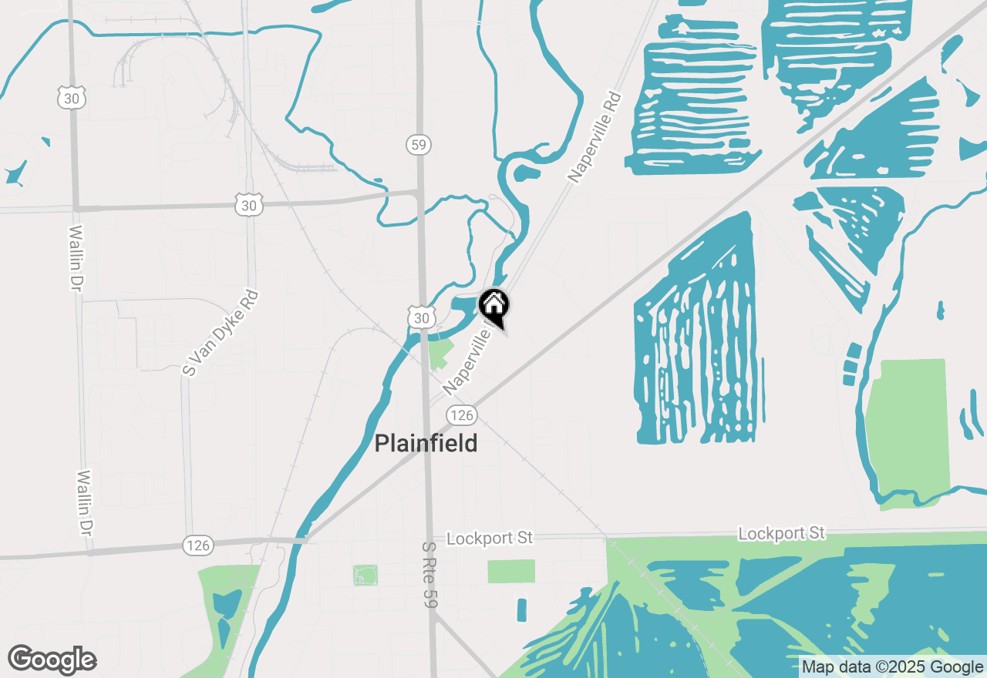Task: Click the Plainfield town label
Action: click(426, 444)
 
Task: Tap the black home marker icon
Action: click(493, 306)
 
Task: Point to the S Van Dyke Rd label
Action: click(221, 333)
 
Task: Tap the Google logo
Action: click(52, 660)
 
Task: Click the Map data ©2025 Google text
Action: click(892, 667)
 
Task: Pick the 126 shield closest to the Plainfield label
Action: click(461, 415)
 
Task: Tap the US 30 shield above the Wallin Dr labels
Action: click(71, 98)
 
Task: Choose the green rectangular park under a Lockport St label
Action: click(511, 571)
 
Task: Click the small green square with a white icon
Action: click(365, 575)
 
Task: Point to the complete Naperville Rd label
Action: click(595, 138)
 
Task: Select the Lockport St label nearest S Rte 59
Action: click(490, 538)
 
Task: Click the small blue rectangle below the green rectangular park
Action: click(522, 609)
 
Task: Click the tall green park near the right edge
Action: click(904, 431)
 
